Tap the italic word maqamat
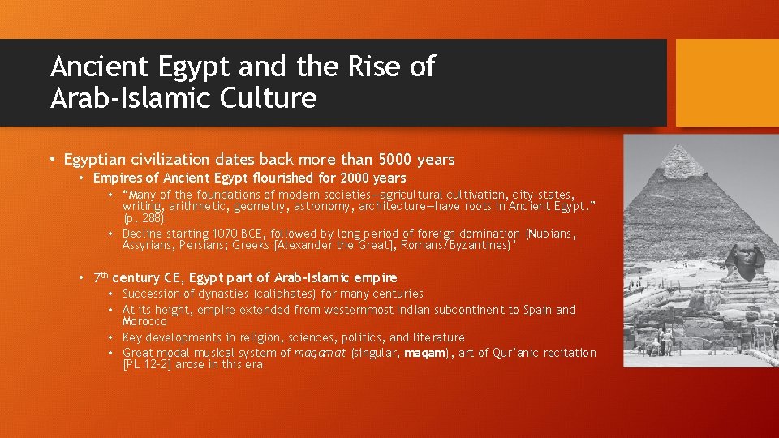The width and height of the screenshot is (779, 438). coord(320,353)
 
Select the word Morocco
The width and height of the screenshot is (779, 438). coord(144,321)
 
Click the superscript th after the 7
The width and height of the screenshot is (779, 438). coord(105,273)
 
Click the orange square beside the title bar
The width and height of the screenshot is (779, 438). coord(726,83)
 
